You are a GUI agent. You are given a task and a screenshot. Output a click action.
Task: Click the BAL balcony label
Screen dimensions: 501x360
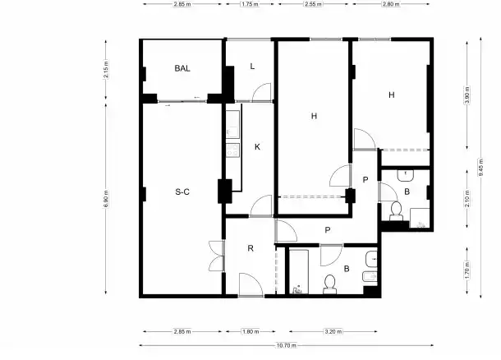182,68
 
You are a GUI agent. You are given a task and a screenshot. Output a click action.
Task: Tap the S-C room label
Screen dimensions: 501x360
182,192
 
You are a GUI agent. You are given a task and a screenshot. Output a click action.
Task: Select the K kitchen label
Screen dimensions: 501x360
257,147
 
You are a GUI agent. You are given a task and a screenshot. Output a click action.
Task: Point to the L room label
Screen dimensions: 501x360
252,67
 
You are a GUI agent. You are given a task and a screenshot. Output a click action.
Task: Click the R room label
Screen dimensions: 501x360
250,248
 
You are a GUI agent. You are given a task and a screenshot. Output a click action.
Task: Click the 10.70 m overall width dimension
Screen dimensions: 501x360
287,345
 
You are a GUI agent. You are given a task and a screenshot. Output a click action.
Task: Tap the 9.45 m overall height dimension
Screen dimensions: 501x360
480,167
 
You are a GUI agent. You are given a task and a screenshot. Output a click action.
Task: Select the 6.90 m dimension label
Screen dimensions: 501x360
106,199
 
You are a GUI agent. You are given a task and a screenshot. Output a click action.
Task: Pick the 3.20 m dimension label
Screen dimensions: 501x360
333,331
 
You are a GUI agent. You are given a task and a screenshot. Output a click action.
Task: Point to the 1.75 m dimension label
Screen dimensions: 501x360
250,4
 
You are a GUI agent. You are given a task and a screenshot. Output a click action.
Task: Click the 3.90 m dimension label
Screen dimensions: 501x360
467,95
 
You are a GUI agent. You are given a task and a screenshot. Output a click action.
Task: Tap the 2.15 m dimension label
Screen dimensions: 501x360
106,69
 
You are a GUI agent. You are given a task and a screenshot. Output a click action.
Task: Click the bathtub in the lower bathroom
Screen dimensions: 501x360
299,271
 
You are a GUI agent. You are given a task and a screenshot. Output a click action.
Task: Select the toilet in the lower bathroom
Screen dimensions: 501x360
329,284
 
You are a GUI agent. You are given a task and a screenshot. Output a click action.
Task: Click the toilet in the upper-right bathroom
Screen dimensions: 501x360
397,211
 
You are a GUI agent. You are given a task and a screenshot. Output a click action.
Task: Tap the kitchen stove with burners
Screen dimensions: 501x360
232,150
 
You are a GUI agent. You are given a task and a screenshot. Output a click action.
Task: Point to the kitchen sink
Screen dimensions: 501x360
232,124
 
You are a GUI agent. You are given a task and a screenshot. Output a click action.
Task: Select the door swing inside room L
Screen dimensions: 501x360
262,92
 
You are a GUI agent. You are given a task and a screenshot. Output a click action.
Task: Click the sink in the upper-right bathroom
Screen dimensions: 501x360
406,175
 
